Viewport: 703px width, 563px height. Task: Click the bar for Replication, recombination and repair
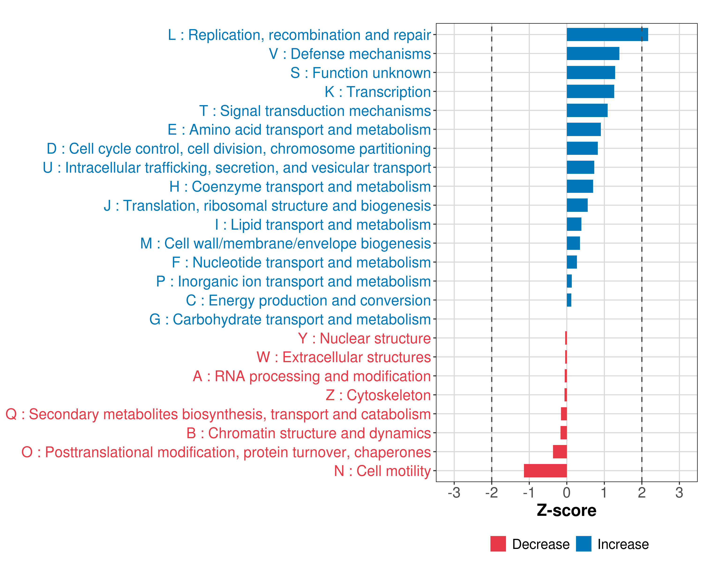pyautogui.click(x=607, y=34)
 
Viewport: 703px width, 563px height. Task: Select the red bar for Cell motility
pyautogui.click(x=545, y=471)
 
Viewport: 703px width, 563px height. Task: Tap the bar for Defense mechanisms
pyautogui.click(x=593, y=53)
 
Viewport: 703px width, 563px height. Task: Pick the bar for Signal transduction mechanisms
pyautogui.click(x=587, y=110)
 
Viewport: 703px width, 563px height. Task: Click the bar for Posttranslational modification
pyautogui.click(x=560, y=452)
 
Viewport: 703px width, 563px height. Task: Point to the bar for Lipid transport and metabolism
pyautogui.click(x=574, y=224)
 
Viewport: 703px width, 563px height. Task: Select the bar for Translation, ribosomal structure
pyautogui.click(x=577, y=205)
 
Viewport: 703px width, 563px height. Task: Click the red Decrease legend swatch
pyautogui.click(x=498, y=544)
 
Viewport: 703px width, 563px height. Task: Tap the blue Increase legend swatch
pyautogui.click(x=583, y=544)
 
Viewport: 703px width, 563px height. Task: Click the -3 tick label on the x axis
pyautogui.click(x=454, y=492)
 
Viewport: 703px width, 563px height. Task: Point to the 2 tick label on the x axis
pyautogui.click(x=642, y=492)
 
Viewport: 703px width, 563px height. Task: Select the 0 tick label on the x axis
pyautogui.click(x=567, y=492)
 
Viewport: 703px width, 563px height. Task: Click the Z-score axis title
pyautogui.click(x=566, y=510)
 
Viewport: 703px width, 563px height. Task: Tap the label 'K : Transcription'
pyautogui.click(x=378, y=92)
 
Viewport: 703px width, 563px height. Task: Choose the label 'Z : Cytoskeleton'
pyautogui.click(x=378, y=395)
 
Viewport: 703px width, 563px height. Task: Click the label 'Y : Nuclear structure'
pyautogui.click(x=364, y=339)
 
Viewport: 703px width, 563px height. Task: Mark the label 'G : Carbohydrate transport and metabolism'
pyautogui.click(x=290, y=320)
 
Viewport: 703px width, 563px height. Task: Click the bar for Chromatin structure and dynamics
pyautogui.click(x=563, y=433)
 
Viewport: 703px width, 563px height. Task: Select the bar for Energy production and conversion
pyautogui.click(x=569, y=300)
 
